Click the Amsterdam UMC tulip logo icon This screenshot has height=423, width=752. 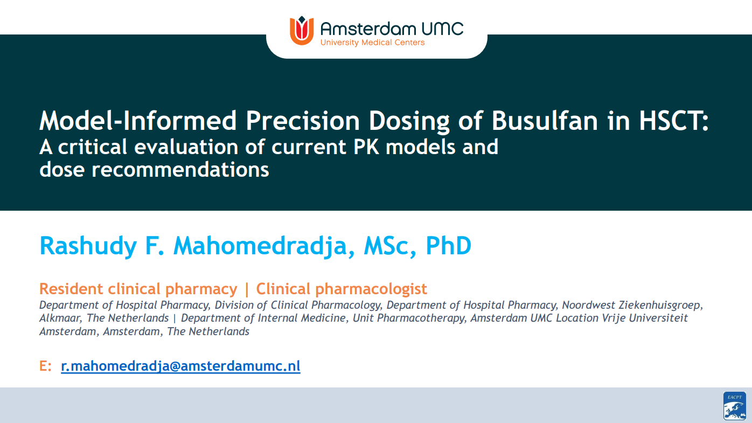point(302,30)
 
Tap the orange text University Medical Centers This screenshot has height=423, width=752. point(373,43)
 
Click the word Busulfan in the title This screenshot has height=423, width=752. point(545,121)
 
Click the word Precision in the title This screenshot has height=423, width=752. point(303,121)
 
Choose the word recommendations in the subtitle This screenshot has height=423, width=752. point(180,170)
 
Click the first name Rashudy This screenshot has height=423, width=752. point(88,246)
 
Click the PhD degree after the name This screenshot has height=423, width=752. point(449,246)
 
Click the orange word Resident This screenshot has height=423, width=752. point(71,289)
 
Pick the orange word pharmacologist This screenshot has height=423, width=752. point(371,289)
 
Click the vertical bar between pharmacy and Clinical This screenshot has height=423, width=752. point(247,289)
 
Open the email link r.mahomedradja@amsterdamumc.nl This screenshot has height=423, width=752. point(180,366)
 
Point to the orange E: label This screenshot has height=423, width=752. point(45,366)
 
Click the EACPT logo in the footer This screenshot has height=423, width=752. point(735,406)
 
